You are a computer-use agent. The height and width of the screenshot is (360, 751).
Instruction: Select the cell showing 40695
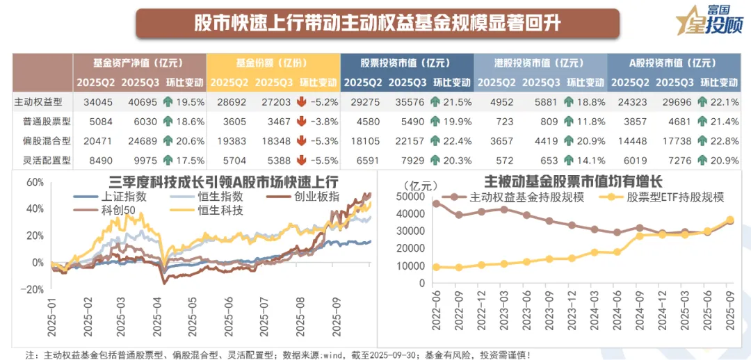click(x=137, y=101)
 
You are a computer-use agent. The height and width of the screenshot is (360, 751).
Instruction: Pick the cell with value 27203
click(x=269, y=101)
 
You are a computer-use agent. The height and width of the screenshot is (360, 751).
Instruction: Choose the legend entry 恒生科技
click(x=220, y=210)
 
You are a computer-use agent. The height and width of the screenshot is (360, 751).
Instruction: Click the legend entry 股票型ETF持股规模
click(x=668, y=197)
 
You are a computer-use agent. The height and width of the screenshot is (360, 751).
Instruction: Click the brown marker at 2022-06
click(x=436, y=204)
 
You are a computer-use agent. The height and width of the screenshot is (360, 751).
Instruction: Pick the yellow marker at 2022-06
click(x=436, y=267)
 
